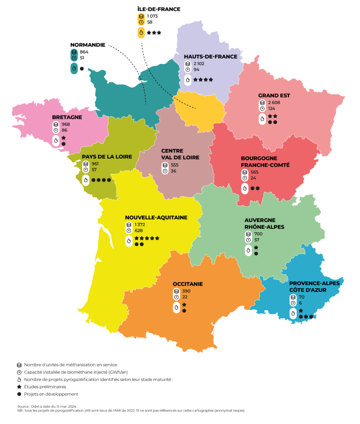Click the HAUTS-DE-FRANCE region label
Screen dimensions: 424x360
tap(210, 57)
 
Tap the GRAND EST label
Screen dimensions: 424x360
tap(274, 95)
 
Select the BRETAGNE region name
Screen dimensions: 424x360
tap(67, 117)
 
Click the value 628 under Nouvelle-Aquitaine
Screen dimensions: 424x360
tap(139, 230)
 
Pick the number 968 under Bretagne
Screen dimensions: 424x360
tap(65, 124)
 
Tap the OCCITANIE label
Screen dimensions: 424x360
tap(188, 284)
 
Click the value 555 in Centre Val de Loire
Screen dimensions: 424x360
tap(174, 165)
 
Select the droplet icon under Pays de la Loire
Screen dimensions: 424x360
tap(86, 180)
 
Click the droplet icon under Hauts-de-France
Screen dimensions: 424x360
tap(187, 80)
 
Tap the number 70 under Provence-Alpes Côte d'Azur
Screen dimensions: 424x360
tap(301, 297)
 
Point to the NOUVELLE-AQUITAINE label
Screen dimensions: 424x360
tap(156, 217)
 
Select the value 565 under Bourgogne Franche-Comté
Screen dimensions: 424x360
tap(254, 172)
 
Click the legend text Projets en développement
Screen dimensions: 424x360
tap(51, 394)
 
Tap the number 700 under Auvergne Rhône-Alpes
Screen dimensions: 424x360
tap(259, 234)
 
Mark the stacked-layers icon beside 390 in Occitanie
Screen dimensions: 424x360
tap(176, 291)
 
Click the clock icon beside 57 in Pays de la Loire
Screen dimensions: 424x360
tap(86, 170)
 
